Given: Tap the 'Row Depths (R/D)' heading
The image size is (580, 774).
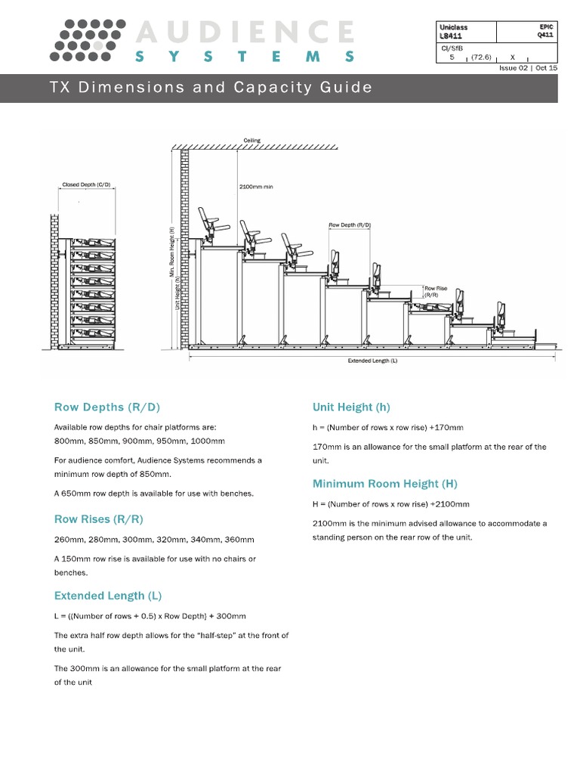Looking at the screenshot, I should pos(107,407).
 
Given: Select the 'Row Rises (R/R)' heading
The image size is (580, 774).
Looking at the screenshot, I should pos(98,519).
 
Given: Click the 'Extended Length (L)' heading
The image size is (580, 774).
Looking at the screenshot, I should pos(108,596).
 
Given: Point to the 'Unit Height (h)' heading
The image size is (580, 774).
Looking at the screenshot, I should pos(351,407).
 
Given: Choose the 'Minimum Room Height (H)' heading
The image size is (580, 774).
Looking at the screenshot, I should pos(385,484).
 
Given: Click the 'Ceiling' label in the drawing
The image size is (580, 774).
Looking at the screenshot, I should pos(251,141).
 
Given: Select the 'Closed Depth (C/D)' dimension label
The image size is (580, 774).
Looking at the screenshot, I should pos(86,184).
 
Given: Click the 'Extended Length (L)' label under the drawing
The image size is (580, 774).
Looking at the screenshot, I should pos(372,361).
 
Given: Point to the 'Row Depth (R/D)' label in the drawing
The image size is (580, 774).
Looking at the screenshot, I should pos(350,225).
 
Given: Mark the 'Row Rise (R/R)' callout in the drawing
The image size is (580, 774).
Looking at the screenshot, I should pos(435,292).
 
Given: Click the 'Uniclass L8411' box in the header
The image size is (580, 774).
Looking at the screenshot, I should pos(466,31).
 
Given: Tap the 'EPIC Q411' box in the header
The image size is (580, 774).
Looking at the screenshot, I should pos(526,31).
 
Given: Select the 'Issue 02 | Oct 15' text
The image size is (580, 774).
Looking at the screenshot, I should pos(528,68).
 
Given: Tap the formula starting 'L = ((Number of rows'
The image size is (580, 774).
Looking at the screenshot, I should pos(150,616).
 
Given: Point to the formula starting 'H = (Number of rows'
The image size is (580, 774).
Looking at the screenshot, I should pos(390,504).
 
